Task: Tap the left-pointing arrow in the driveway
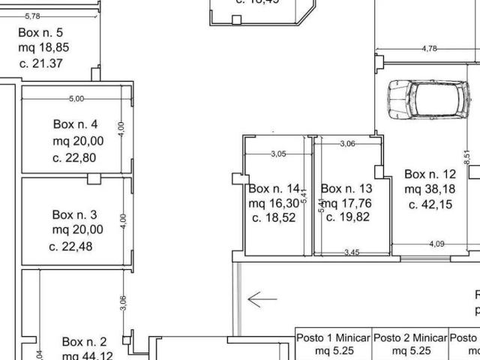click(x=262, y=299)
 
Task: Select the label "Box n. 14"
click(x=274, y=188)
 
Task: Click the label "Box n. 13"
click(x=346, y=188)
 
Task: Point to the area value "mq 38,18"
click(x=430, y=189)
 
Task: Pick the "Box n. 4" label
click(x=75, y=124)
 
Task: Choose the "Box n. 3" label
click(x=74, y=214)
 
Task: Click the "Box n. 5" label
click(x=40, y=32)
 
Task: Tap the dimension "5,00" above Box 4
click(x=76, y=98)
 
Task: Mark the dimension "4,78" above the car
click(x=430, y=49)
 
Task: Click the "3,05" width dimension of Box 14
click(x=277, y=154)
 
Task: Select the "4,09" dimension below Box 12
click(x=436, y=244)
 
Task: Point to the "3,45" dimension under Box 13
click(x=351, y=252)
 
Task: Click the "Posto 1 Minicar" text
click(x=333, y=337)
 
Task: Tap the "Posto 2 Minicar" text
click(x=410, y=337)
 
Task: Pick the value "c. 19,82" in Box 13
click(x=346, y=217)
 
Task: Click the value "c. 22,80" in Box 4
click(x=74, y=157)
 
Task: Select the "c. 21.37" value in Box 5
click(x=41, y=63)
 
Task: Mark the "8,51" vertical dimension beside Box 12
click(x=467, y=157)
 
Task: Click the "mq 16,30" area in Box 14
click(x=274, y=203)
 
